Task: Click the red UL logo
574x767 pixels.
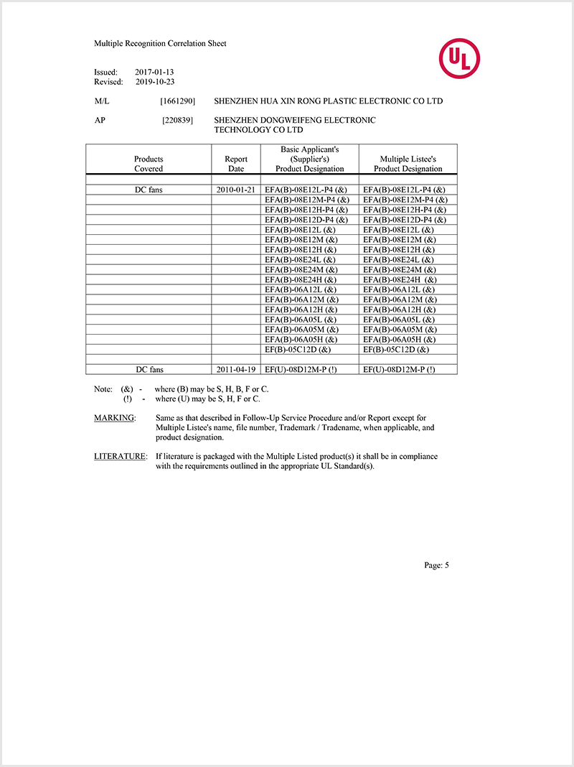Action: pyautogui.click(x=460, y=59)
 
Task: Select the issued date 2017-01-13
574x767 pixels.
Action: pyautogui.click(x=154, y=73)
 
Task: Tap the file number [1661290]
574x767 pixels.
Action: pyautogui.click(x=177, y=101)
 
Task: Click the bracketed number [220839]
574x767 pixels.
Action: pyautogui.click(x=177, y=121)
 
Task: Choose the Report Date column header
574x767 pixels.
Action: pyautogui.click(x=236, y=164)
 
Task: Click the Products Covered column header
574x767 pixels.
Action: pyautogui.click(x=149, y=164)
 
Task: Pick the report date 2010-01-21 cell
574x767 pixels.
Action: pyautogui.click(x=236, y=190)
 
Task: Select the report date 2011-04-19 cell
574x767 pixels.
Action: pyautogui.click(x=236, y=369)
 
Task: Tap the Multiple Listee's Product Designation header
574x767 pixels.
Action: pyautogui.click(x=408, y=164)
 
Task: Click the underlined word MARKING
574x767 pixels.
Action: pyautogui.click(x=114, y=418)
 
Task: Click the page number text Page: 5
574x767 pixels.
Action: pyautogui.click(x=436, y=565)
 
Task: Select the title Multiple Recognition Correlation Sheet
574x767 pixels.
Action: pyautogui.click(x=160, y=44)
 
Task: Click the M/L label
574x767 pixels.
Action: pyautogui.click(x=101, y=101)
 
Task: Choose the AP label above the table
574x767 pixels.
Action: pyautogui.click(x=100, y=121)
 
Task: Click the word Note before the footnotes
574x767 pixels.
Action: pyautogui.click(x=103, y=389)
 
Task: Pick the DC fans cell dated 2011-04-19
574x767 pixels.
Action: pyautogui.click(x=149, y=369)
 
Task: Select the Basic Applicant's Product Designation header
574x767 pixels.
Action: pyautogui.click(x=309, y=159)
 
